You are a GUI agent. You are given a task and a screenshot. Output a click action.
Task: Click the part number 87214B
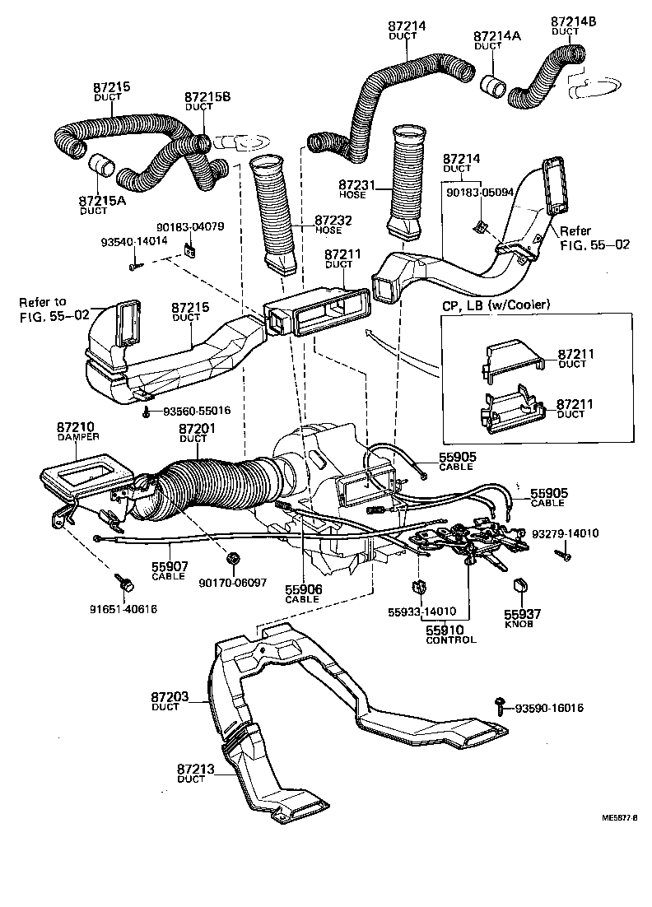click(573, 21)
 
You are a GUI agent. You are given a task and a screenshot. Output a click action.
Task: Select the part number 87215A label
click(103, 200)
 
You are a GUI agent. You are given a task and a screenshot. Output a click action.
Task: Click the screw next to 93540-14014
click(134, 266)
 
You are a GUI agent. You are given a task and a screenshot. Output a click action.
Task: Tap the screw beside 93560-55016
click(147, 411)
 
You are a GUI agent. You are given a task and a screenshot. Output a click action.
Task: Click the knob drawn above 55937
click(519, 587)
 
